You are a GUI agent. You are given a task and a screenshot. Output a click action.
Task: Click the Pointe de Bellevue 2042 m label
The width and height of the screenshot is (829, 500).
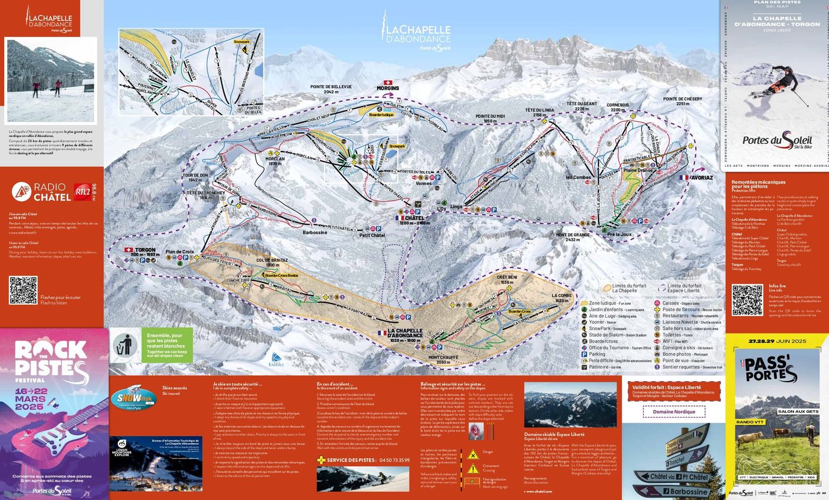click(x=330, y=89)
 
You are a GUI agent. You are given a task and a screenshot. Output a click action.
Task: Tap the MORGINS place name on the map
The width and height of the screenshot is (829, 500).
click(x=388, y=88)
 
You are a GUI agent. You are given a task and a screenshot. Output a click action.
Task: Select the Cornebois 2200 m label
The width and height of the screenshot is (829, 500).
click(x=618, y=107)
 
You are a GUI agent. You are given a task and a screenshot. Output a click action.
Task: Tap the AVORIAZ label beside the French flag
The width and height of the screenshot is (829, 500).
click(x=701, y=178)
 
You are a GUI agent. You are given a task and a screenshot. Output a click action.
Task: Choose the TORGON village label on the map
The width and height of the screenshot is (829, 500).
click(x=145, y=250)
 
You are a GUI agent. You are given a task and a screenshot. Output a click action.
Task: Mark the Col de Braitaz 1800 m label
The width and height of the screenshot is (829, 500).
click(x=272, y=262)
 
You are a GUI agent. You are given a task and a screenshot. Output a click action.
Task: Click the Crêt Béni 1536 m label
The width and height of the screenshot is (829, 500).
click(x=506, y=279)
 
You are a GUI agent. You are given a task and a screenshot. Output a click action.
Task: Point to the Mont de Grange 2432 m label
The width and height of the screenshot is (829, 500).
click(x=573, y=237)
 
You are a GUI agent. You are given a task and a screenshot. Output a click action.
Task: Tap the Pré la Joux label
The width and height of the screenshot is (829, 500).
click(x=619, y=234)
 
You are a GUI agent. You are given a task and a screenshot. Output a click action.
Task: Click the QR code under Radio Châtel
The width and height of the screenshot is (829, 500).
click(x=23, y=291)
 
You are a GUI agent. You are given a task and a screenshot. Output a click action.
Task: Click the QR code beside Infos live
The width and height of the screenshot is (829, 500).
click(x=747, y=300)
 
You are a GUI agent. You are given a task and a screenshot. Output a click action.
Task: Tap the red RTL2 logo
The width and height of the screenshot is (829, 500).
click(x=82, y=192)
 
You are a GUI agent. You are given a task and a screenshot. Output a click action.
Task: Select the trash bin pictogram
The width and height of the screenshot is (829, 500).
click(x=125, y=346)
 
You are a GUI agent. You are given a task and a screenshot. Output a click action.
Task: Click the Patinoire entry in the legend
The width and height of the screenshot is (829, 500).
click(x=606, y=367)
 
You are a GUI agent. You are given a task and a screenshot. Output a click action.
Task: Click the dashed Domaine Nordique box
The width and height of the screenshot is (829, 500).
click(x=674, y=411)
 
